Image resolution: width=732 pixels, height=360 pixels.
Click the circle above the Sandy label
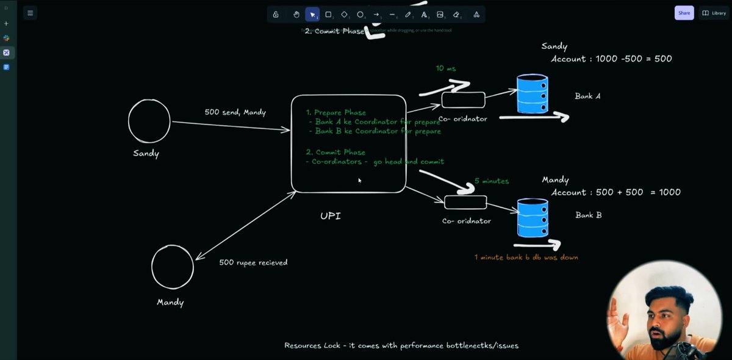click(149, 121)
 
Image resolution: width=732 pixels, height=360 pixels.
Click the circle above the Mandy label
click(173, 267)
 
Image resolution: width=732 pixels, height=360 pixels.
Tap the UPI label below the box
click(331, 216)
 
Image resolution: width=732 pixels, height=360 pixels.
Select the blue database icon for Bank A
click(532, 95)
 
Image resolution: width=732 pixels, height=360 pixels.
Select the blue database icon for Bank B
click(532, 217)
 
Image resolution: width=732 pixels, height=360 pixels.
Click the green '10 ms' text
click(446, 68)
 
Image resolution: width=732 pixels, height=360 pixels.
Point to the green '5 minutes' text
click(492, 181)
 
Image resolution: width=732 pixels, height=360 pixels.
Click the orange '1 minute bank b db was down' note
click(526, 257)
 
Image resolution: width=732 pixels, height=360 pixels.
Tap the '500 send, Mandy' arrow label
click(235, 112)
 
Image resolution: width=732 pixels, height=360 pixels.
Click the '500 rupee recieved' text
click(253, 262)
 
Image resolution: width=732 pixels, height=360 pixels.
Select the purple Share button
click(683, 13)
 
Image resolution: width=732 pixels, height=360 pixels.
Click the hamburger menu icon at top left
click(30, 13)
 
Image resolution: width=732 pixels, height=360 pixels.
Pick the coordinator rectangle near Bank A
click(463, 99)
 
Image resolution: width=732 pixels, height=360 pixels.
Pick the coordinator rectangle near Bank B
click(465, 202)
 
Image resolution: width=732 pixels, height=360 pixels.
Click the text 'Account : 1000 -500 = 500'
click(611, 59)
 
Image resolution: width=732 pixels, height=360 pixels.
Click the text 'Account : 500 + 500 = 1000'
click(615, 192)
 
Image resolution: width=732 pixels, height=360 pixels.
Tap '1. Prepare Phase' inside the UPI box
click(336, 112)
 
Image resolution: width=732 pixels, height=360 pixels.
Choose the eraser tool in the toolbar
click(456, 14)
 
